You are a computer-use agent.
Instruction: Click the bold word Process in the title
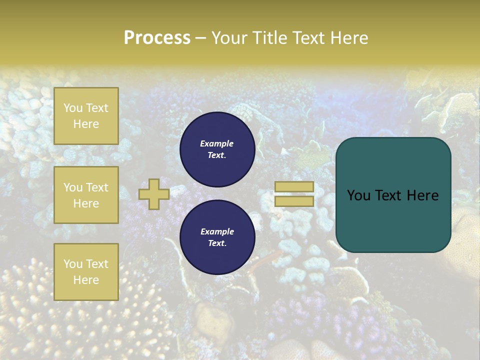point(157,38)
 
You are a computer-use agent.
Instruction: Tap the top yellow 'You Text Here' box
point(86,116)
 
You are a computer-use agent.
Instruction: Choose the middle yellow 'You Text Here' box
point(86,195)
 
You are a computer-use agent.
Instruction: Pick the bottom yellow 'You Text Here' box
point(86,272)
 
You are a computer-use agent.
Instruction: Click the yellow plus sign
point(153,194)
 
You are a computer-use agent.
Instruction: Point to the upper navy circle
point(217,149)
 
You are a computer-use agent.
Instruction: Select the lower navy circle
point(217,237)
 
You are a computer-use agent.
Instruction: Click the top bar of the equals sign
point(294,186)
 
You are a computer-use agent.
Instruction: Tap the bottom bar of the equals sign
point(294,201)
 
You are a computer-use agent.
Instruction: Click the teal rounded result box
point(393,195)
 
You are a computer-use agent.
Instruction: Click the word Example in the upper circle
point(217,143)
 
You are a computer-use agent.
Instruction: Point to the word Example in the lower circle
point(217,231)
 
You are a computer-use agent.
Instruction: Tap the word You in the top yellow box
point(73,108)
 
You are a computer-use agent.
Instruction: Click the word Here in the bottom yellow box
point(86,280)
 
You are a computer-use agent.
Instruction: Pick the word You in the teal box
point(358,195)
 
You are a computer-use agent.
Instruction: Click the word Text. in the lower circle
point(217,243)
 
